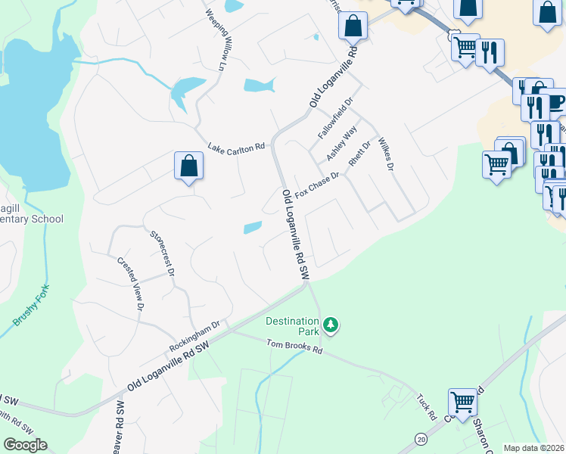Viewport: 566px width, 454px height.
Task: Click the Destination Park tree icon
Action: (330, 325)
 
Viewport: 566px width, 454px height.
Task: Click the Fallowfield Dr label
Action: (336, 118)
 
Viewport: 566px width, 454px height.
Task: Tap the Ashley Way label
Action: (341, 143)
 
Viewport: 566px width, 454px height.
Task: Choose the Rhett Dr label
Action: (359, 154)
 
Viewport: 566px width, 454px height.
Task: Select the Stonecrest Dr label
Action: (163, 253)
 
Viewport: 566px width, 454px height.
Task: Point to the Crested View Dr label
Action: (129, 284)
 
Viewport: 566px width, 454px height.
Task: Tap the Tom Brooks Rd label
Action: (290, 350)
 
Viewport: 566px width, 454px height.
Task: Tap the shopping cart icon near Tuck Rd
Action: (462, 400)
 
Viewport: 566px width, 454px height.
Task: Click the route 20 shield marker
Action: (420, 438)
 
